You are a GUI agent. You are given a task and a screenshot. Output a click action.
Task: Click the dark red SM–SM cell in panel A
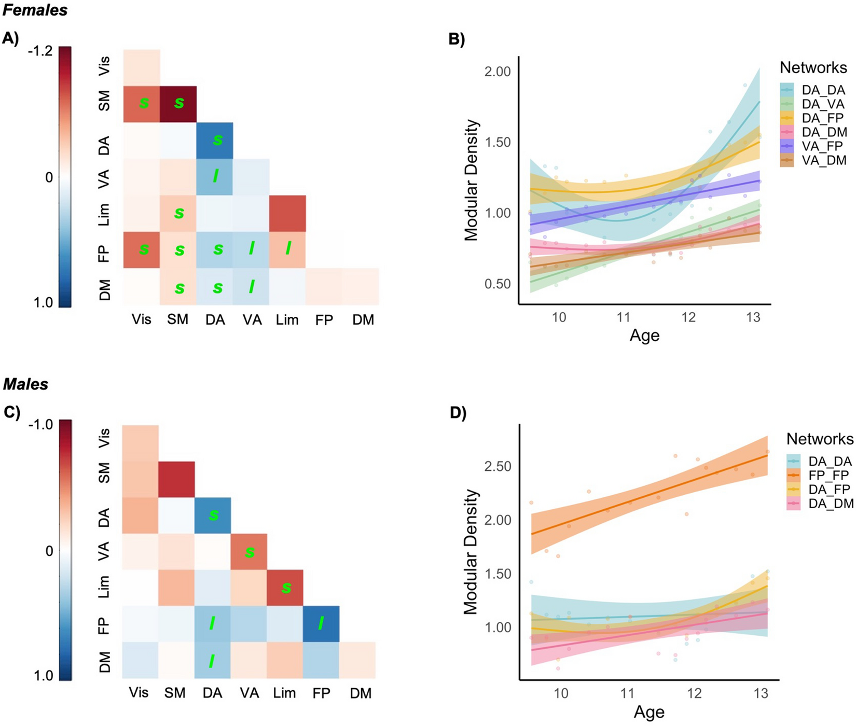[178, 104]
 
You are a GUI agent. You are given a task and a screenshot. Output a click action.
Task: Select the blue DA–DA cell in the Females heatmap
[215, 141]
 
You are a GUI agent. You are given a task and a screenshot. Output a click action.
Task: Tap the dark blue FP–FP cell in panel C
[321, 624]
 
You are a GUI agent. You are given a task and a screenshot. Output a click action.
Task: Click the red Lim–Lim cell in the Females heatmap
[287, 213]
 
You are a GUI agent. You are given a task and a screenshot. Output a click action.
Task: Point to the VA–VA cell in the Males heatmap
[249, 552]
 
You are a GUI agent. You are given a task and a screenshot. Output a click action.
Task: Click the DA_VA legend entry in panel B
[823, 104]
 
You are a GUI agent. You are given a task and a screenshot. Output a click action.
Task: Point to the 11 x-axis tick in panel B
[624, 317]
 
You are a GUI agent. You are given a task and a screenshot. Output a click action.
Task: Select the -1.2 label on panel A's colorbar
[40, 52]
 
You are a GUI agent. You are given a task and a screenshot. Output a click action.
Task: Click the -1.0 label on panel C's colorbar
[40, 425]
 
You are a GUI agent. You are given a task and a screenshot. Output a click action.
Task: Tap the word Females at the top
[35, 10]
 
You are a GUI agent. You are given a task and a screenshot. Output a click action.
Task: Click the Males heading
[25, 384]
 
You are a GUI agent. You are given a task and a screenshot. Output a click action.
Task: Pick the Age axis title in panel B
[644, 336]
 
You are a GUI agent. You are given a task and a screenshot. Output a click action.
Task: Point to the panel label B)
[457, 39]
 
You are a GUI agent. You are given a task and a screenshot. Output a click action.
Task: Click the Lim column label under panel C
[285, 693]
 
